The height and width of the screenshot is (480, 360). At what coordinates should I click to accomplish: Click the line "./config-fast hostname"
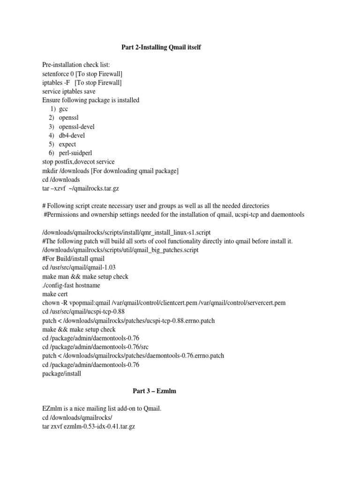(71, 285)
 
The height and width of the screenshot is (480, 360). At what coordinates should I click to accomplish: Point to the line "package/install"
(62, 374)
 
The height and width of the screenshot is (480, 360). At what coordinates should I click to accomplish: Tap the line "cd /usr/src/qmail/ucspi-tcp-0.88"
(84, 312)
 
